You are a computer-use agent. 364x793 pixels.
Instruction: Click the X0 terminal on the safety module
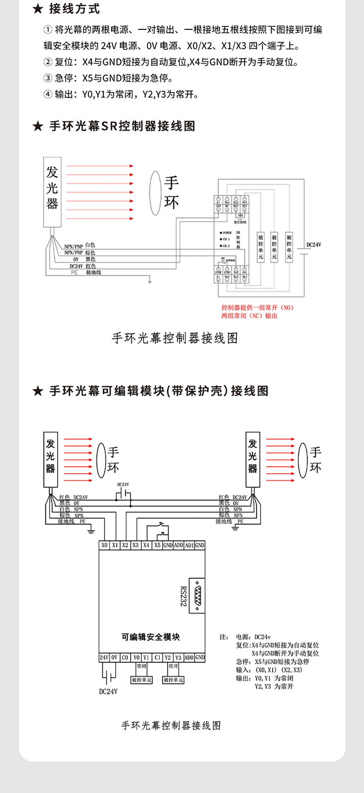click(105, 546)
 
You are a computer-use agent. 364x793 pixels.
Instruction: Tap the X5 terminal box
click(157, 546)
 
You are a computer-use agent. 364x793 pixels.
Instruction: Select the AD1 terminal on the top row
click(189, 546)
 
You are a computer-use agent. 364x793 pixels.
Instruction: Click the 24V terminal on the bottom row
click(104, 657)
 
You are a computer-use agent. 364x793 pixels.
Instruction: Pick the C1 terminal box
click(157, 657)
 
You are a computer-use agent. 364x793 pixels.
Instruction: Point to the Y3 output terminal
click(178, 657)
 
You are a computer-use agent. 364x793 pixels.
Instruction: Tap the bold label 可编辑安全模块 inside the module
click(151, 637)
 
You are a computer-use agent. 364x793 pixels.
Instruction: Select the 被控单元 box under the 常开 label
click(173, 680)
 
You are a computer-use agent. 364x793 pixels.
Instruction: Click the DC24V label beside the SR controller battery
click(314, 245)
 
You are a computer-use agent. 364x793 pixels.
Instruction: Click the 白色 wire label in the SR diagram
click(90, 245)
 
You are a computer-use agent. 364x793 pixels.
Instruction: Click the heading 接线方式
click(74, 9)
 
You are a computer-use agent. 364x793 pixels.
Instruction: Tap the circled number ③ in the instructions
click(48, 78)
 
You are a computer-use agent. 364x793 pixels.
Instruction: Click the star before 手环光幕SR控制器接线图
click(37, 126)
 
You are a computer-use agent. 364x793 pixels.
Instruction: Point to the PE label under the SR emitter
click(75, 272)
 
